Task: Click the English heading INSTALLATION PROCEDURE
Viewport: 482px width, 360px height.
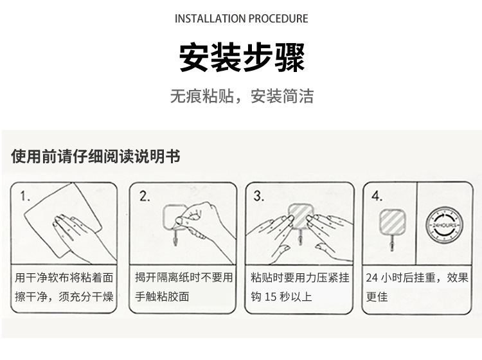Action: pos(241,19)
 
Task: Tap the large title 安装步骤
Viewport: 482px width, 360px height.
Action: pos(242,57)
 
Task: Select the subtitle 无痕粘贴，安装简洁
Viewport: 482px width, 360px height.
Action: pos(242,96)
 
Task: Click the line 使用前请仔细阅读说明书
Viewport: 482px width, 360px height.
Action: pos(96,156)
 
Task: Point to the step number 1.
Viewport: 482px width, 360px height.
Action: pos(24,196)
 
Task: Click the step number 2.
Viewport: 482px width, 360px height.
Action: pos(145,196)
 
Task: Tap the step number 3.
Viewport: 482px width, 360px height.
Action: pos(258,195)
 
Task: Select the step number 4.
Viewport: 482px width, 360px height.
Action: pos(377,196)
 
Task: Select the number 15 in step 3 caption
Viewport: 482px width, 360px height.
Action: pos(271,296)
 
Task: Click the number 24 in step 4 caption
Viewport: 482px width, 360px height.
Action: pos(371,278)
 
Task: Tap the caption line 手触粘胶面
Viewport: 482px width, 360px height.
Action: pos(162,296)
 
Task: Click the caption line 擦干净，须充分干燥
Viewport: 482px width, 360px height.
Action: pos(64,296)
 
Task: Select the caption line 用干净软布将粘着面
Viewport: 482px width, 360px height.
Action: pos(64,278)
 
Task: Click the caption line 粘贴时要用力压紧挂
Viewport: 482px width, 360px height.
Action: pos(300,278)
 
